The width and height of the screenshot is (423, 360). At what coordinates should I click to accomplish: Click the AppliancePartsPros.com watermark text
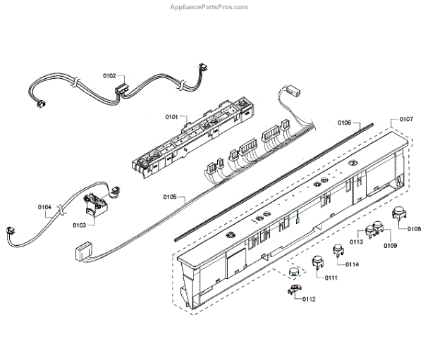coord(210,7)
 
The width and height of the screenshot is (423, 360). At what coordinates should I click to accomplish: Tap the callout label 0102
coord(109,75)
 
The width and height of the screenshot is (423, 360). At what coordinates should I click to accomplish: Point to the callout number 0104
coord(44,207)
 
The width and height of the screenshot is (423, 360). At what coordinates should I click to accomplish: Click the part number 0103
coord(79,225)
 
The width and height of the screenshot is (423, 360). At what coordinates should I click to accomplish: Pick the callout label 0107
coord(406,120)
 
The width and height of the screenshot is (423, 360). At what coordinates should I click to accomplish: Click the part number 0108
coord(413,228)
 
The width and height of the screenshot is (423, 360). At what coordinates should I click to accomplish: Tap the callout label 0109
coord(390,245)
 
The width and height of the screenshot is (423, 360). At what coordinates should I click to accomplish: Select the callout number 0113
coord(356,242)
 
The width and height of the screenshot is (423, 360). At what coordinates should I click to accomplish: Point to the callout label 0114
coord(352,265)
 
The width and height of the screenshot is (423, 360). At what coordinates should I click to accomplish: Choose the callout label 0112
coord(308,299)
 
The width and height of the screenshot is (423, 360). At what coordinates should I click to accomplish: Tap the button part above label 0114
coord(338,251)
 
